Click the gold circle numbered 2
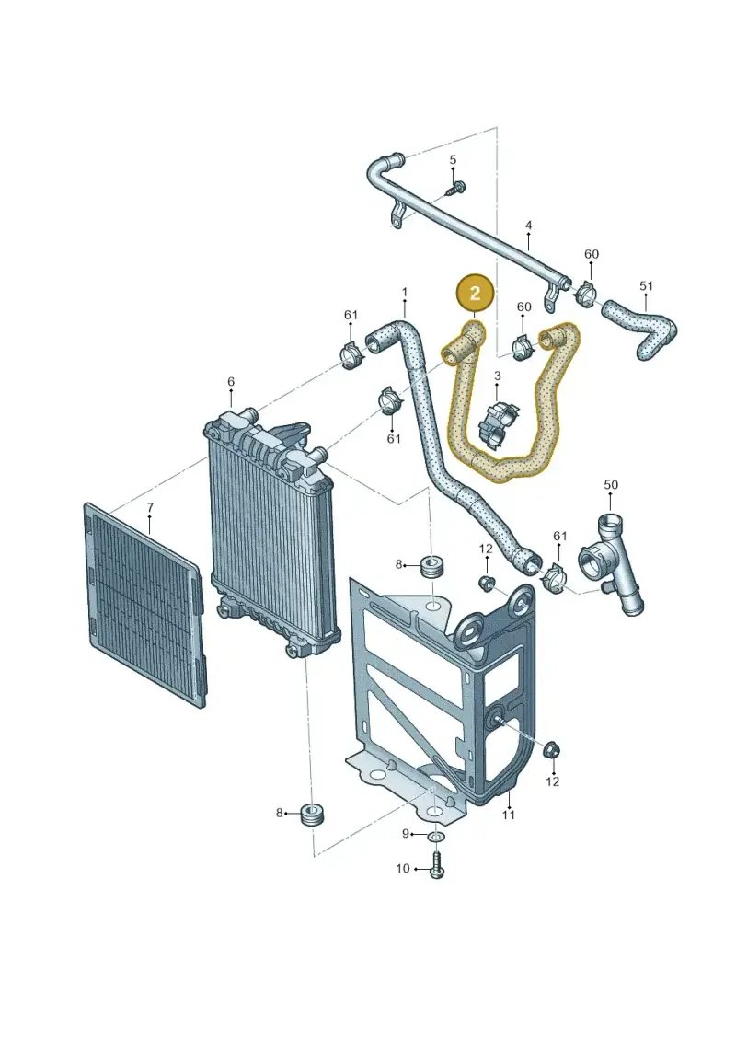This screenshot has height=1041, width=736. (475, 292)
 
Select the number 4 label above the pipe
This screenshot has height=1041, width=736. (528, 226)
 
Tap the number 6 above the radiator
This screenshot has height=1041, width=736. (230, 382)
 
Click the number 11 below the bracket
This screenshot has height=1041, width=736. (509, 815)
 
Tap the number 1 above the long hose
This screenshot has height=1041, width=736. (404, 292)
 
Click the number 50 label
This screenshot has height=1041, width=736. (611, 485)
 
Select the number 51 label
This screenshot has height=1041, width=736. (647, 286)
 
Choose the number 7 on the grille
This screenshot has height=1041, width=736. (150, 507)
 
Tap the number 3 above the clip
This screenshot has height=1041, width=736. (497, 376)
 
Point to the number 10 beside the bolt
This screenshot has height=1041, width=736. (403, 868)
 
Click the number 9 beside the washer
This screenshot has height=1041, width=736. (406, 834)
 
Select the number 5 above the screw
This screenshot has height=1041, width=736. (454, 160)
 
